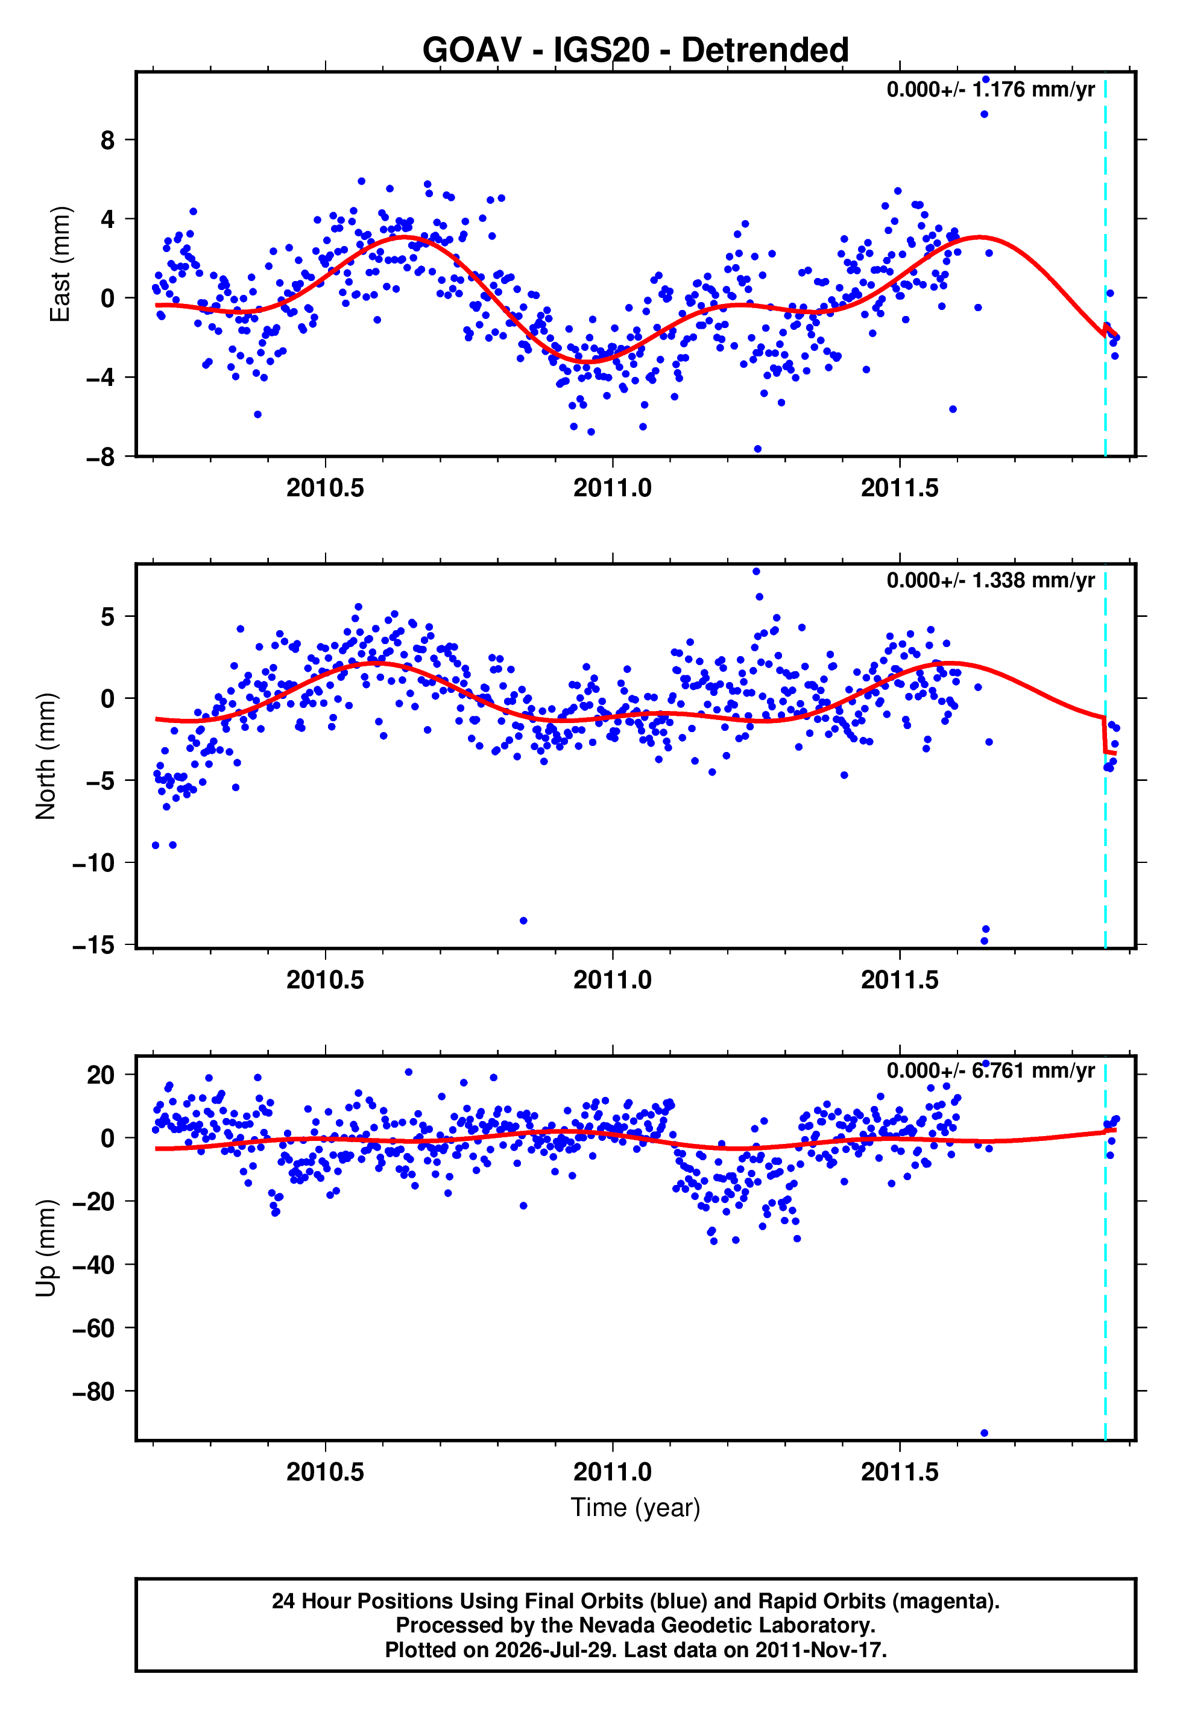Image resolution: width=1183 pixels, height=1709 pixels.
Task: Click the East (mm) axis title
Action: pos(60,264)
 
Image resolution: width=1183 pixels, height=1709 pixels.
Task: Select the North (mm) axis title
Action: pos(45,756)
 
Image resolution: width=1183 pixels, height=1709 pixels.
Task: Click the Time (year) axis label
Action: pos(636,1508)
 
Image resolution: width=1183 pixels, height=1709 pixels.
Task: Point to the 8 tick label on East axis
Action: pos(108,139)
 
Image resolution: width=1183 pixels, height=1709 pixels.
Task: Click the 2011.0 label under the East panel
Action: pos(612,488)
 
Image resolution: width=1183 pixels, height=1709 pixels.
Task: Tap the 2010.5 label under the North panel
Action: pos(326,980)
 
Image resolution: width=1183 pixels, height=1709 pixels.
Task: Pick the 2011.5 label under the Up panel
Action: pos(900,1472)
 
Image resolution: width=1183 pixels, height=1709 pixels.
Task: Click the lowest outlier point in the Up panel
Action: pos(985,1433)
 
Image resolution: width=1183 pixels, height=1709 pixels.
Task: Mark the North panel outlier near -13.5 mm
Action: pos(523,920)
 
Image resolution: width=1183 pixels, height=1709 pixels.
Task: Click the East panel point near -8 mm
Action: pos(757,449)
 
